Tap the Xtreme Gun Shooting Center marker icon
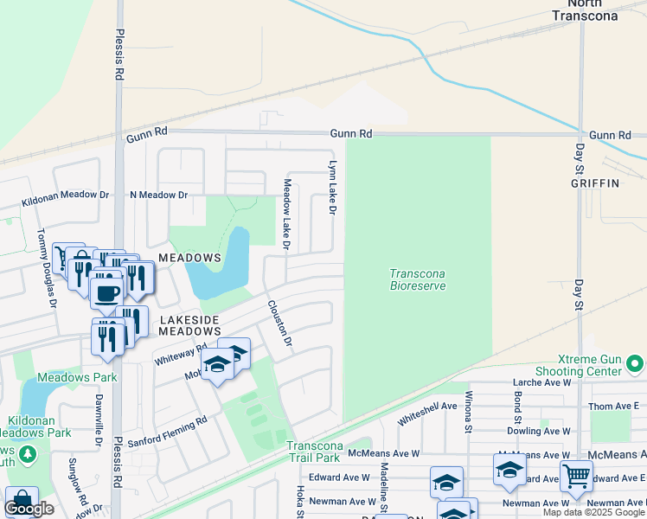636,363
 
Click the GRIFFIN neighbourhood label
595,183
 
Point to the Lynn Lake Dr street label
331,187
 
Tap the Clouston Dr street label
280,324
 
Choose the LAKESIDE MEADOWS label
189,324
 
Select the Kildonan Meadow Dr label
65,195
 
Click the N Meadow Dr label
158,195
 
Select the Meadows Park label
77,377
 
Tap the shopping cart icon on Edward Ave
575,474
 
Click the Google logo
29,509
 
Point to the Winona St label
469,422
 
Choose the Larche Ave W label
541,381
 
